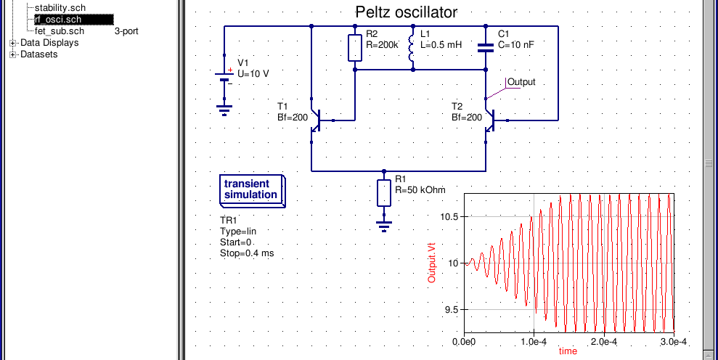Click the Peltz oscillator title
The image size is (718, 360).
[x=406, y=12]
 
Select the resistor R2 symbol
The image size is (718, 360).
[x=355, y=48]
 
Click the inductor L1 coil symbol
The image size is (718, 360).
[x=412, y=48]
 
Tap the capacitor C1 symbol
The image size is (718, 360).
[x=486, y=48]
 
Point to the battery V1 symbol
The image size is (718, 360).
[x=224, y=77]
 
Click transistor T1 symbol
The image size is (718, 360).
[x=317, y=120]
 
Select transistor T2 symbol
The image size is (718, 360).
[x=491, y=120]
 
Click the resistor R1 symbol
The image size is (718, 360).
[x=384, y=193]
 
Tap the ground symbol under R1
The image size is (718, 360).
[x=384, y=226]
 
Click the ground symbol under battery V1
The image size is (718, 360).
[x=224, y=110]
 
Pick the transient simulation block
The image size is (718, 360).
[x=253, y=191]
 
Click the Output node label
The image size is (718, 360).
[x=521, y=82]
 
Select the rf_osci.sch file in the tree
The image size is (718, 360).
[x=58, y=20]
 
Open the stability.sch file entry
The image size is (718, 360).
[x=60, y=8]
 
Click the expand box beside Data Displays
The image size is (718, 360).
[x=13, y=43]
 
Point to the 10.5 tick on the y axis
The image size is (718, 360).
[x=449, y=216]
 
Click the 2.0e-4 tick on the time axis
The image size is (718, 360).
[x=604, y=341]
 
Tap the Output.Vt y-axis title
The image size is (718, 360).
[x=432, y=263]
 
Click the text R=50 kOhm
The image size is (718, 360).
[x=420, y=189]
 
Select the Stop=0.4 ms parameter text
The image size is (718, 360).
[x=247, y=253]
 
